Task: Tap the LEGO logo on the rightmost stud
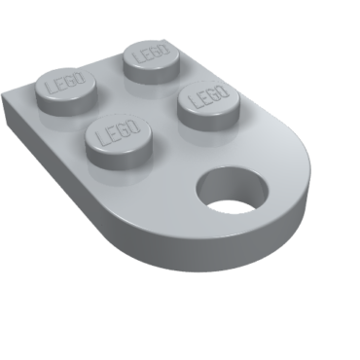point(206,95)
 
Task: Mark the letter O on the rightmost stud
point(223,91)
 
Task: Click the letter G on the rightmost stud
point(213,93)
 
